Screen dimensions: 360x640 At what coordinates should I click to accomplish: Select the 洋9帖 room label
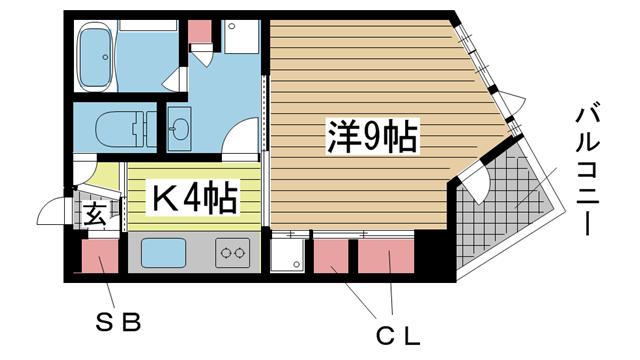(372, 136)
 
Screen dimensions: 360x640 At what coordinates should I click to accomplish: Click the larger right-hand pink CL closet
(386, 258)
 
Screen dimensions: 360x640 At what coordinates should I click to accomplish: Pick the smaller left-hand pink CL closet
(330, 258)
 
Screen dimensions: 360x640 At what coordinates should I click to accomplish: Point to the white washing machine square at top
(241, 36)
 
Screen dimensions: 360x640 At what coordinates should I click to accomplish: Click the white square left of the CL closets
(290, 255)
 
